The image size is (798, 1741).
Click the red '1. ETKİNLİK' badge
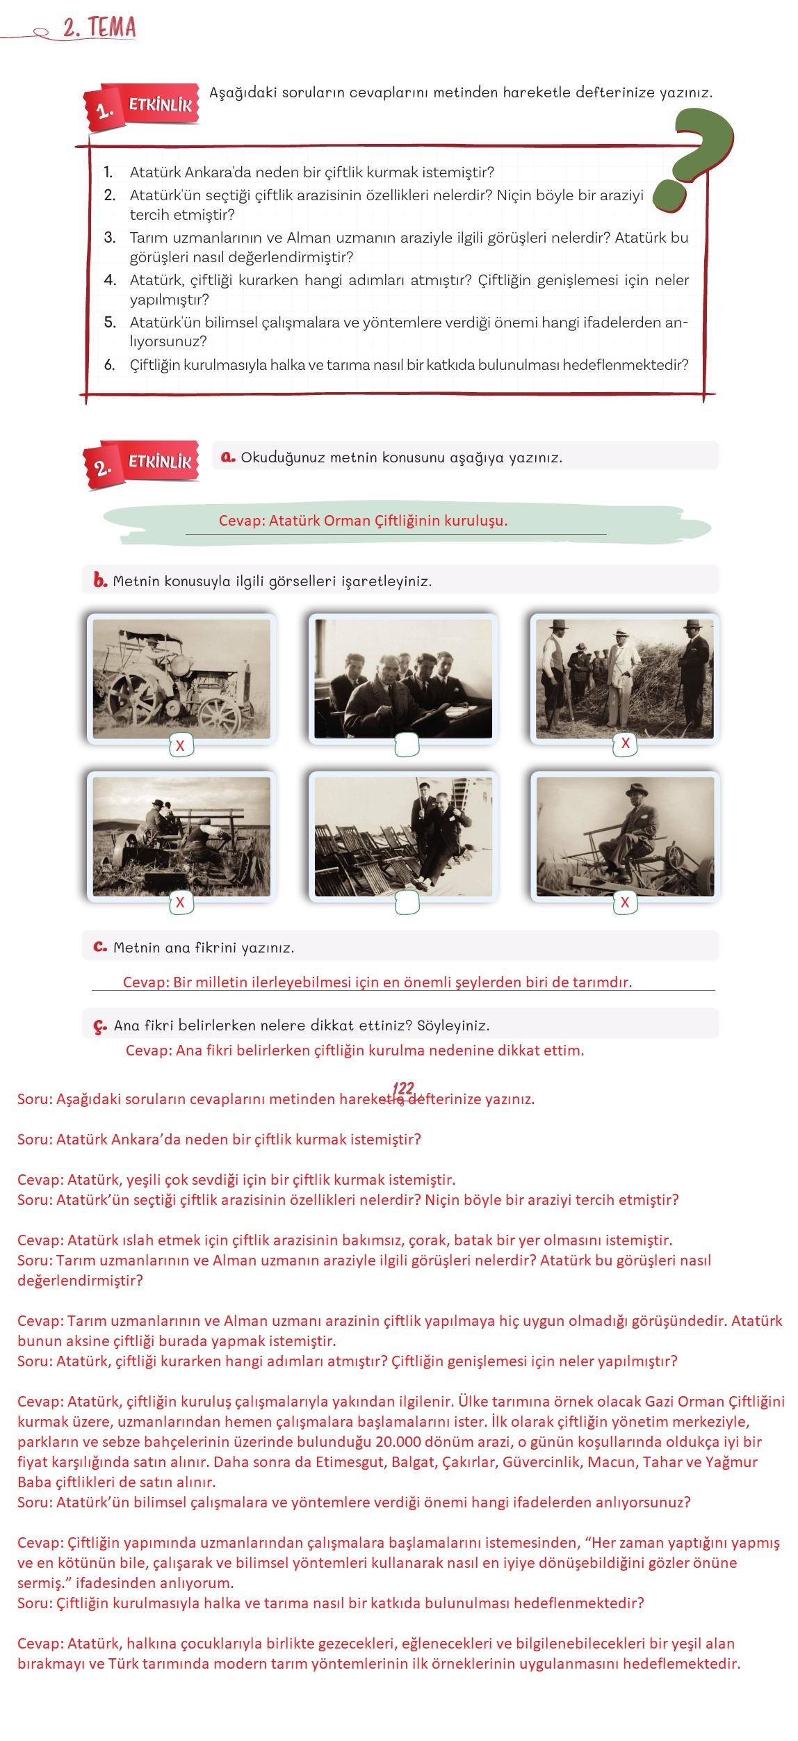[142, 108]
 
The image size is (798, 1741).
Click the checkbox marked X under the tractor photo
[180, 746]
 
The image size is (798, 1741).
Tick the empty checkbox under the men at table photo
[407, 745]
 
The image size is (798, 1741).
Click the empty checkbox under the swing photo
[407, 902]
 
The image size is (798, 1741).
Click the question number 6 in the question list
[109, 364]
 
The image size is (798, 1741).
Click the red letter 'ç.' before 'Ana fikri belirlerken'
[100, 1026]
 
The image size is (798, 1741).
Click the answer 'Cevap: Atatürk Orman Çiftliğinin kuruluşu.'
[363, 521]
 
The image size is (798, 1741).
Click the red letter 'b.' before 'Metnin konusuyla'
[100, 581]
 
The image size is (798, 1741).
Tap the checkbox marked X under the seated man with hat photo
[624, 902]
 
